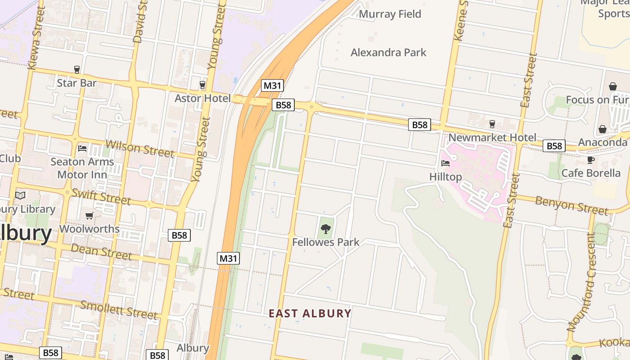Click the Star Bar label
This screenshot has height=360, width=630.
pyautogui.click(x=76, y=83)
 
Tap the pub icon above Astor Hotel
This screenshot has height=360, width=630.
pyautogui.click(x=202, y=85)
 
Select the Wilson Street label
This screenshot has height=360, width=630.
pyautogui.click(x=139, y=148)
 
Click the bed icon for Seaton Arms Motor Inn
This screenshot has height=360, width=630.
pyautogui.click(x=82, y=148)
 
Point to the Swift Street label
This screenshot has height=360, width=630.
pyautogui.click(x=101, y=197)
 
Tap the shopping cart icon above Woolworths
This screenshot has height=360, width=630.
pyautogui.click(x=90, y=216)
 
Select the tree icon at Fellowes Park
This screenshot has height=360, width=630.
pyautogui.click(x=326, y=229)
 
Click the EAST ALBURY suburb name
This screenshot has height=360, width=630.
pyautogui.click(x=310, y=313)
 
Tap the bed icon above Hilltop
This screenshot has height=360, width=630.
pyautogui.click(x=445, y=163)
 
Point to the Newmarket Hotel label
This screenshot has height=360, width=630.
pyautogui.click(x=492, y=137)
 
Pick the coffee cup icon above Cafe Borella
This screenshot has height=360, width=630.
pyautogui.click(x=591, y=160)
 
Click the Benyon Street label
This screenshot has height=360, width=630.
pyautogui.click(x=571, y=205)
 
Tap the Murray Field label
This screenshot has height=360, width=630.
pyautogui.click(x=390, y=14)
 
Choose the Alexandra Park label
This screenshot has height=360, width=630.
pyautogui.click(x=388, y=52)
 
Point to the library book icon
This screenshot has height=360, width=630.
pyautogui.click(x=20, y=195)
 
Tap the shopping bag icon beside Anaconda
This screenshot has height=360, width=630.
pyautogui.click(x=603, y=130)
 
